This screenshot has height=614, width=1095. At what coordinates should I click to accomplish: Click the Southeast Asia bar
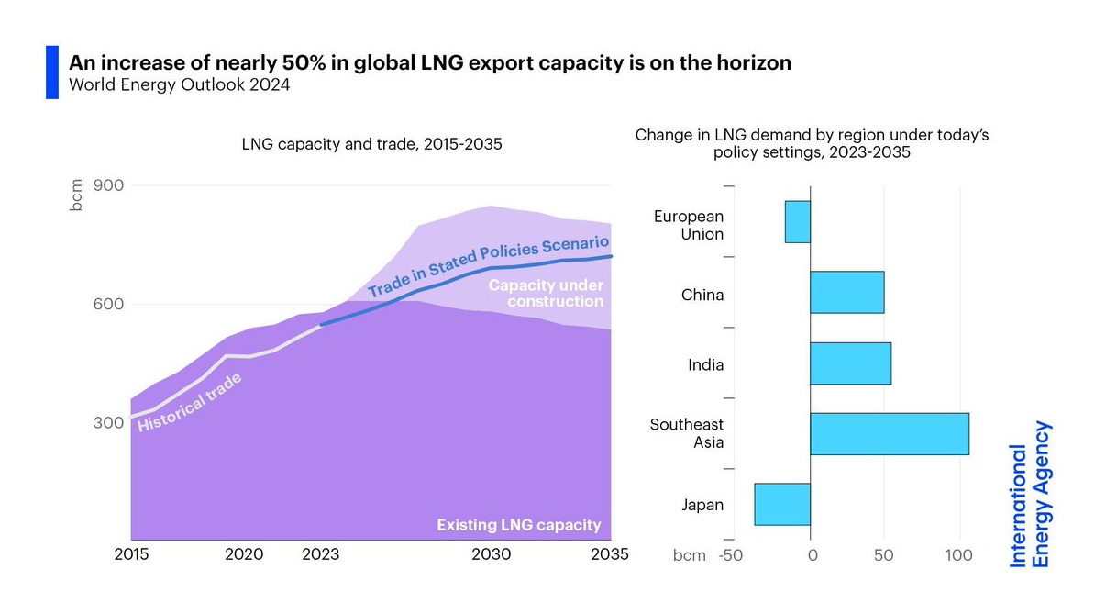pos(890,433)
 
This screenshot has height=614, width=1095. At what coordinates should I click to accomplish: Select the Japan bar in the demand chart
pos(782,504)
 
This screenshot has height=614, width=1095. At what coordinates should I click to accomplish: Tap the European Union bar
pos(798,222)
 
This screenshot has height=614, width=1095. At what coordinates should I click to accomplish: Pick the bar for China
pos(846,292)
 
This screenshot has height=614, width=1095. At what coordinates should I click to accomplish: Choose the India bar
pos(850,363)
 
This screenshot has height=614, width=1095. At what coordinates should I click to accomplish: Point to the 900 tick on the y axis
pos(109,185)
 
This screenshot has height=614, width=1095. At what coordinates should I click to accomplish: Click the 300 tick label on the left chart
pos(109,423)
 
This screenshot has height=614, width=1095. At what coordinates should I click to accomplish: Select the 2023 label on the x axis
pos(320,554)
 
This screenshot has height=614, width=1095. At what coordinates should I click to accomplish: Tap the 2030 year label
pos(492,554)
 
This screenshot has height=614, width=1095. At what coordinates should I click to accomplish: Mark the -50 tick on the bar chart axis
pos(731,556)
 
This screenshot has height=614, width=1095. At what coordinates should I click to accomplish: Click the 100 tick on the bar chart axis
pos(959,556)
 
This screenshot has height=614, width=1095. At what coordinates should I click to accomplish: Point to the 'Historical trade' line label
pos(191,404)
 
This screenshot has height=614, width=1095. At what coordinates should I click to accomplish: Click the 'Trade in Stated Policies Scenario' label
pos(488,266)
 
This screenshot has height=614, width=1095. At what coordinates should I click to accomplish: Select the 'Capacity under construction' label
pos(546,294)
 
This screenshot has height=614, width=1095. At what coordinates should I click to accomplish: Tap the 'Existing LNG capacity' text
pos(518,525)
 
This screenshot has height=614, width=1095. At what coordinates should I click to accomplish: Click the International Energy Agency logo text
pos(1029,493)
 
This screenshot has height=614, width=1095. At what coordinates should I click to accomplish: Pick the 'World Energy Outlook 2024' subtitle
pos(181,86)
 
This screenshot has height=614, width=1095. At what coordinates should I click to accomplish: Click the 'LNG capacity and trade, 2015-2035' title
pos(371,144)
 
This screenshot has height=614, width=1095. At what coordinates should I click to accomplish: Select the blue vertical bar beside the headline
pos(52,73)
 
